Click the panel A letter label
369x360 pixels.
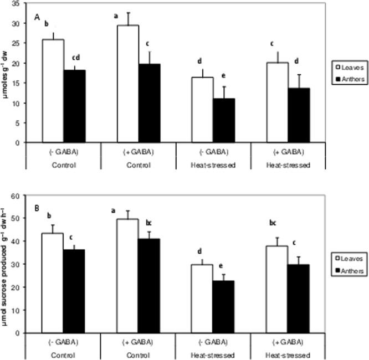(x=37, y=18)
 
